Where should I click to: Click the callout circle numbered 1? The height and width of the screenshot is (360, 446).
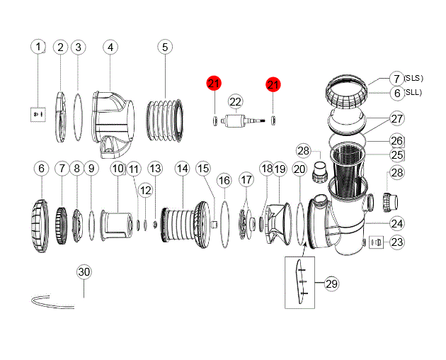(x=40, y=47)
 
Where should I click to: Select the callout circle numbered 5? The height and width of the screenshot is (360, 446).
(x=165, y=47)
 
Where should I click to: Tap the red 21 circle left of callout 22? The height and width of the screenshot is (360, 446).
(x=214, y=84)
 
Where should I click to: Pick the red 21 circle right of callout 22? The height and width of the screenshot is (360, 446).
(x=273, y=84)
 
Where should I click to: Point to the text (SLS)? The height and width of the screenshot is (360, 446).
(x=414, y=78)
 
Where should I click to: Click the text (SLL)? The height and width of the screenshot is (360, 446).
(x=413, y=93)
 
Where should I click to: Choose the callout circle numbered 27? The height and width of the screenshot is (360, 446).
(x=396, y=118)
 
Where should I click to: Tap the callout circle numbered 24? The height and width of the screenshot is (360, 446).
(x=397, y=223)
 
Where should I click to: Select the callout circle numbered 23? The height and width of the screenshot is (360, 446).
(x=397, y=242)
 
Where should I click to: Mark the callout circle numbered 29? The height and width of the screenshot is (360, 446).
(x=331, y=283)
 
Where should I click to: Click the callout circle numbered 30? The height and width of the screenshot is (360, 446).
(x=84, y=272)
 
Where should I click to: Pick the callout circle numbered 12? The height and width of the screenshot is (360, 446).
(x=145, y=190)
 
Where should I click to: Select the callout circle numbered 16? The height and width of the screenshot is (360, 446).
(x=224, y=181)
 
